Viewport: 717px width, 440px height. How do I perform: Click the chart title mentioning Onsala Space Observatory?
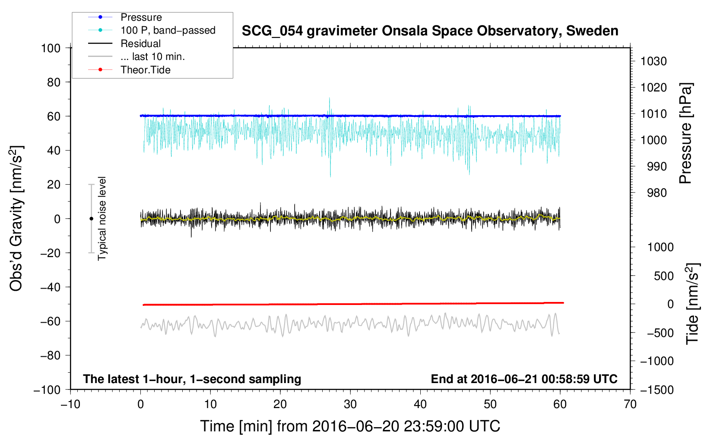pyautogui.click(x=430, y=31)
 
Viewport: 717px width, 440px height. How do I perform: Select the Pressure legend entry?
pyautogui.click(x=141, y=17)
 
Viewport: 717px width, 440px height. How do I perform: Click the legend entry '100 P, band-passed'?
pyautogui.click(x=168, y=30)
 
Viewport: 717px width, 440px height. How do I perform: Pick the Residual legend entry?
pyautogui.click(x=140, y=44)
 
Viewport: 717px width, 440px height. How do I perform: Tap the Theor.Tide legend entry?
pyautogui.click(x=145, y=70)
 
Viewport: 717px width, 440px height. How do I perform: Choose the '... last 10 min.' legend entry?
pyautogui.click(x=152, y=57)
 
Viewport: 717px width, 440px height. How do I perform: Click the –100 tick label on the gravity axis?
pyautogui.click(x=47, y=390)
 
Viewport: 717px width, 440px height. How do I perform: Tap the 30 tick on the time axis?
pyautogui.click(x=350, y=404)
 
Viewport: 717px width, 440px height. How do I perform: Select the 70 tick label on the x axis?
pyautogui.click(x=630, y=404)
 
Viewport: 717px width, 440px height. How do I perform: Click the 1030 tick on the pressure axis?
pyautogui.click(x=654, y=61)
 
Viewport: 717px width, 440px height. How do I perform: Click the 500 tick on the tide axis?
pyautogui.click(x=663, y=276)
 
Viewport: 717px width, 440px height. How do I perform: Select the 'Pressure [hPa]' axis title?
pyautogui.click(x=685, y=133)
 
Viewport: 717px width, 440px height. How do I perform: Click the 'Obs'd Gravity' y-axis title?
pyautogui.click(x=16, y=219)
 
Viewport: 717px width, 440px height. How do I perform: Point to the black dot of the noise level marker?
pyautogui.click(x=91, y=219)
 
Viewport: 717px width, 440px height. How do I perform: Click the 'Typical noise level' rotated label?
pyautogui.click(x=102, y=219)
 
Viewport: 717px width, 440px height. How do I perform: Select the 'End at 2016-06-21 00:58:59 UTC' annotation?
pyautogui.click(x=524, y=379)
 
